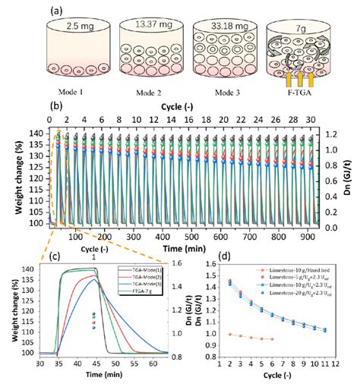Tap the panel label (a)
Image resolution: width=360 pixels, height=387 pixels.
55,11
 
